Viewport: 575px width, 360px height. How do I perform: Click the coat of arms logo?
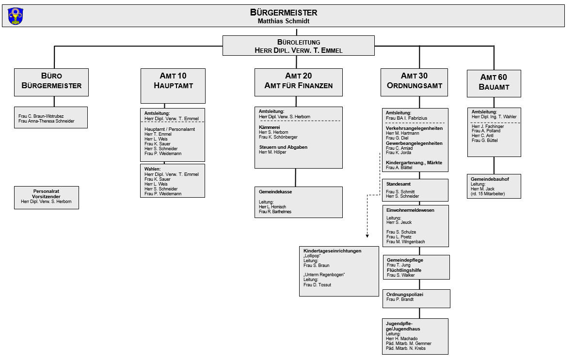point(16,16)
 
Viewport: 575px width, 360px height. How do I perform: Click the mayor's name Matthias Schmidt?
point(284,21)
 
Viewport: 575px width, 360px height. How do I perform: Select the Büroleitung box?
point(299,46)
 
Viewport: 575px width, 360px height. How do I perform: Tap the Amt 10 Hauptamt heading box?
point(173,86)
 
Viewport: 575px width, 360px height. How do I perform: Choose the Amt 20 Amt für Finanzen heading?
point(299,80)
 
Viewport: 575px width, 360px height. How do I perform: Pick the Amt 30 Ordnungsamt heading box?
point(415,82)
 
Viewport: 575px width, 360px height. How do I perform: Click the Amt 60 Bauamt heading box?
point(494,84)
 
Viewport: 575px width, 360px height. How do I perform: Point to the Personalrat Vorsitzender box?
point(47,198)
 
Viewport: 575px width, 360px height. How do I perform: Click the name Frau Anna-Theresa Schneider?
point(47,121)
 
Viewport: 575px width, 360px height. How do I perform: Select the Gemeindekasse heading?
point(275,192)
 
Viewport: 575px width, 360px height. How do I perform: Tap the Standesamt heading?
point(398,184)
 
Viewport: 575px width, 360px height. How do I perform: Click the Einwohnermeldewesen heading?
point(410,210)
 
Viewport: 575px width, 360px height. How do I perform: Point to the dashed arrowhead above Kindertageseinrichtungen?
point(367,236)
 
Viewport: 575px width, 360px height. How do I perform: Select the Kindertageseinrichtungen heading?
point(332,251)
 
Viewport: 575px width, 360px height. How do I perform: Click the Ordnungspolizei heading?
point(405,295)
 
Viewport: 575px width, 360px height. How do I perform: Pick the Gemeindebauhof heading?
point(490,179)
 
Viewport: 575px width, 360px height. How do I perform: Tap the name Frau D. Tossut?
point(317,285)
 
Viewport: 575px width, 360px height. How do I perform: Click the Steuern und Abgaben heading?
point(283,147)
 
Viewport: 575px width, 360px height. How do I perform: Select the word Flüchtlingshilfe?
point(404,270)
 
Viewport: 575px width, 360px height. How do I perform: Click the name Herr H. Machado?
point(401,339)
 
